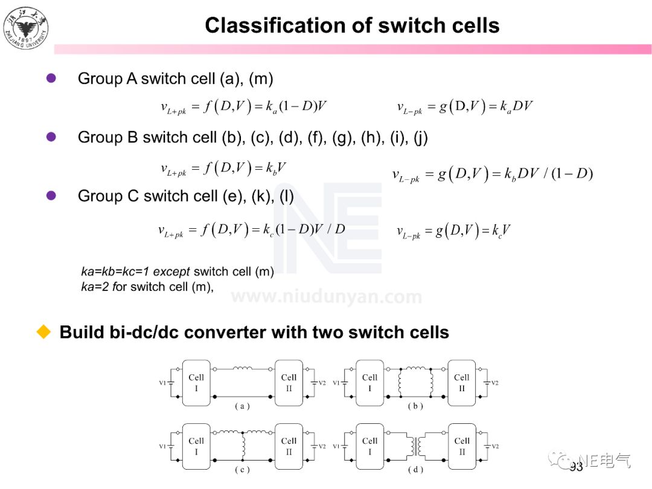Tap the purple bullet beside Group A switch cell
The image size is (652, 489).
pos(51,78)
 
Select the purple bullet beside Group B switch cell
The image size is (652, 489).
pos(51,137)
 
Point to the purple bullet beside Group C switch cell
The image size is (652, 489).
pos(51,195)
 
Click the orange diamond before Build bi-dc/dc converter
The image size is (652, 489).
pos(43,331)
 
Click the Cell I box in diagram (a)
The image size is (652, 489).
pos(196,383)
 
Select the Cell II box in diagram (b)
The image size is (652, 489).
pos(461,383)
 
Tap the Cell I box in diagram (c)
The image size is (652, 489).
pos(196,446)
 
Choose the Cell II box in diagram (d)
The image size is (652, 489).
pos(461,446)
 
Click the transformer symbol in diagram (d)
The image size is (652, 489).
pos(416,447)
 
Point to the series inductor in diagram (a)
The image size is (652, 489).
pos(243,368)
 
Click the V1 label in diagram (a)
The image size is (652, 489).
pos(162,383)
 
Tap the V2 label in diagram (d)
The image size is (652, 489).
pos(494,446)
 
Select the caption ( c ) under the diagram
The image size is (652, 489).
pos(242,470)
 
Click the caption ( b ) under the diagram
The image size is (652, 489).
pos(415,406)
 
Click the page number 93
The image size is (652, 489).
pos(576,467)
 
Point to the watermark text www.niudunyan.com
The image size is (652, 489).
pos(327,297)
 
